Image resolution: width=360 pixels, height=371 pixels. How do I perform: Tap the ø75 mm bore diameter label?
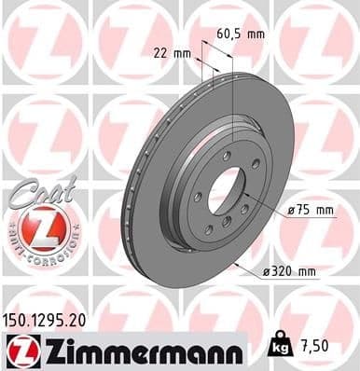click(x=310, y=211)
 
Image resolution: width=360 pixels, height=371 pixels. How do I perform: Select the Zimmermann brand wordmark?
click(x=138, y=348)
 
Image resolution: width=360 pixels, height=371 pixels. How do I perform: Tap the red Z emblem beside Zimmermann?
click(x=19, y=348)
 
